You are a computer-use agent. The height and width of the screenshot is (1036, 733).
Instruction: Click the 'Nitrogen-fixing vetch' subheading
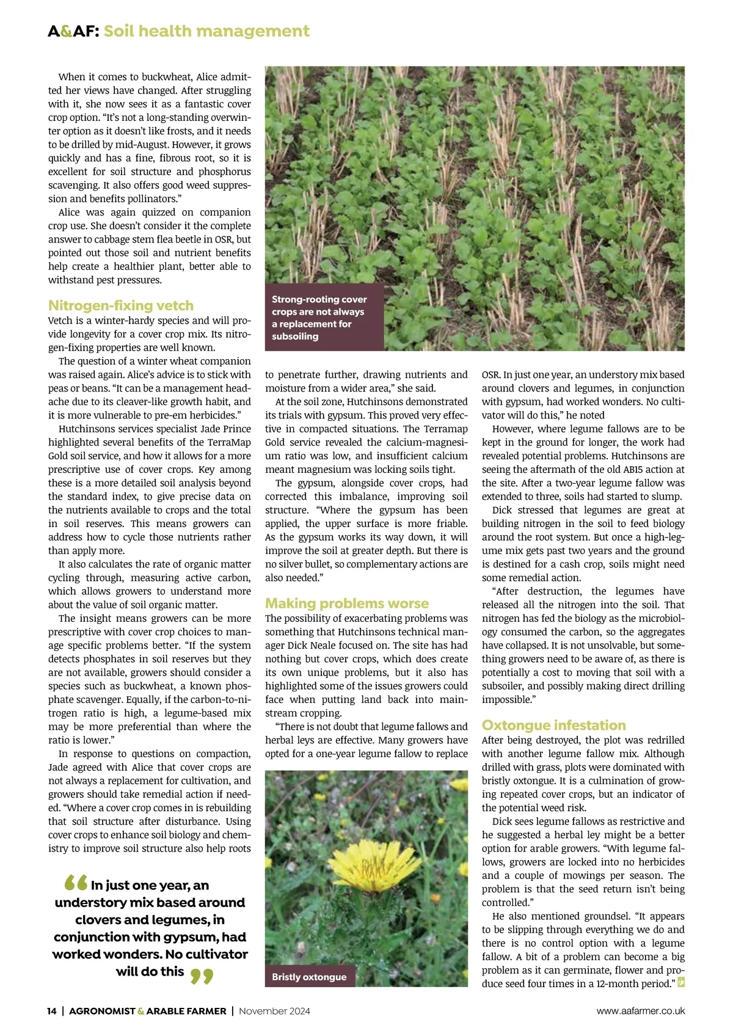coord(121,305)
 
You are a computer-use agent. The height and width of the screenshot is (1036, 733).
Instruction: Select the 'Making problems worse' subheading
coord(347,604)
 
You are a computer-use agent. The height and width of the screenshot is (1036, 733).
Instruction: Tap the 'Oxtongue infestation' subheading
coord(553,725)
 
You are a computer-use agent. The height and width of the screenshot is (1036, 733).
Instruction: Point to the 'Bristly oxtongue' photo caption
coord(309,977)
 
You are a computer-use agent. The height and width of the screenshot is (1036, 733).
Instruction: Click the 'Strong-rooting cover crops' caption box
coord(324,318)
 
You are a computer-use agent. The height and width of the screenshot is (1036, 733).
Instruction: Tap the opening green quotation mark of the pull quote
coord(76,883)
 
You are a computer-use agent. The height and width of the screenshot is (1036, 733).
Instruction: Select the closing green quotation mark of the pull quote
coord(202,976)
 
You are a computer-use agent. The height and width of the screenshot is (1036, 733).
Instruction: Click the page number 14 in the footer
coord(52,1011)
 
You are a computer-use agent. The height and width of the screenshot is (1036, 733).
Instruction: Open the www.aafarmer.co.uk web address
coord(641,1011)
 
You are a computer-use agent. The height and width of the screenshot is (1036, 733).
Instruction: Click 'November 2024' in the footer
coord(274,1011)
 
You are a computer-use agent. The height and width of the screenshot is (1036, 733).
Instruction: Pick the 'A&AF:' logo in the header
coord(73,31)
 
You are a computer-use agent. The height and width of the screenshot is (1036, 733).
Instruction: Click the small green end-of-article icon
coord(681,983)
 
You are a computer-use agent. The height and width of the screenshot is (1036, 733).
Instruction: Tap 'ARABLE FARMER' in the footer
coord(187,1011)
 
